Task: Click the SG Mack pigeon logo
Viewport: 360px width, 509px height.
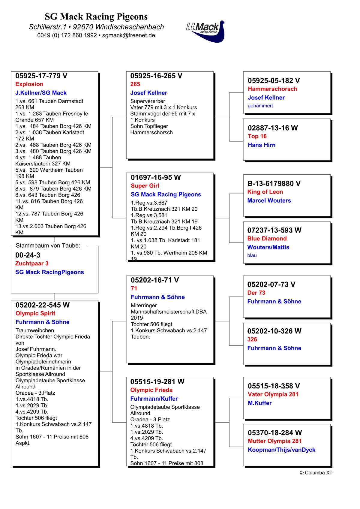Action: pyautogui.click(x=205, y=31)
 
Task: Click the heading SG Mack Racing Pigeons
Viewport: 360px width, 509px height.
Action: pyautogui.click(x=96, y=17)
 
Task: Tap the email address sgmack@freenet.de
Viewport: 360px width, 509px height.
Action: pyautogui.click(x=128, y=35)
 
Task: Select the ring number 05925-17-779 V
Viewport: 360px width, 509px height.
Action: pyautogui.click(x=41, y=76)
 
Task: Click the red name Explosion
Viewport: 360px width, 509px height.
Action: pyautogui.click(x=29, y=84)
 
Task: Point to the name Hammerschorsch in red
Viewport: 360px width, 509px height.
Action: pyautogui.click(x=272, y=89)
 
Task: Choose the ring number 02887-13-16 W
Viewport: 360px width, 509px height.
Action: pyautogui.click(x=273, y=128)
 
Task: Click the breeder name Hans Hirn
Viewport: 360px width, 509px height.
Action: pyautogui.click(x=262, y=145)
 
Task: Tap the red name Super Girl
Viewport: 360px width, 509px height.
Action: pyautogui.click(x=145, y=186)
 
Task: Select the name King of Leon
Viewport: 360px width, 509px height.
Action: pyautogui.click(x=265, y=192)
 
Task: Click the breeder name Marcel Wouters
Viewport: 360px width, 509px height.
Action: pyautogui.click(x=269, y=200)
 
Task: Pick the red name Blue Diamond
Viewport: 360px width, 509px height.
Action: pyautogui.click(x=267, y=239)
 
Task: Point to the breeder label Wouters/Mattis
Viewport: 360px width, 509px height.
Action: pyautogui.click(x=268, y=247)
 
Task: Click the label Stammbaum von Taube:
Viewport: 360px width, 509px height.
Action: pyautogui.click(x=48, y=246)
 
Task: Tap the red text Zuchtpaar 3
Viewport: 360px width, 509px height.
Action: pyautogui.click(x=32, y=264)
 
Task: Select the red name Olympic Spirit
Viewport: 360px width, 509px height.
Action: pyautogui.click(x=35, y=314)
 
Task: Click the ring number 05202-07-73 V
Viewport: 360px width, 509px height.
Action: pyautogui.click(x=271, y=285)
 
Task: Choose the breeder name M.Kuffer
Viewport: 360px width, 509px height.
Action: pyautogui.click(x=259, y=403)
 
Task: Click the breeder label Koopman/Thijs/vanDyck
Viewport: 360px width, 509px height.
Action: pyautogui.click(x=281, y=450)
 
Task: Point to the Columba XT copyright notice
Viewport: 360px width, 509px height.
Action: pyautogui.click(x=316, y=473)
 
